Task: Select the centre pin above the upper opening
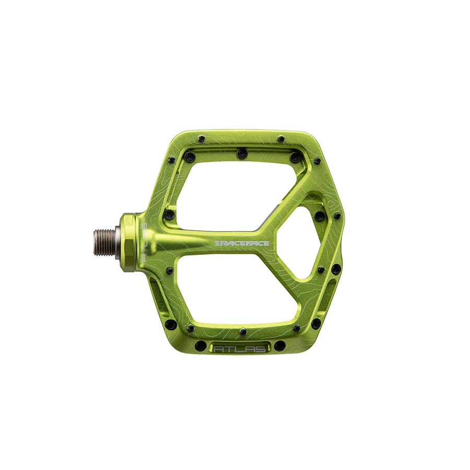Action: [241, 154]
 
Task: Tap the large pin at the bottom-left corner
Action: [170, 324]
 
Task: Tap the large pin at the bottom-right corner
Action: [316, 323]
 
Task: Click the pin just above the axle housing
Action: [169, 214]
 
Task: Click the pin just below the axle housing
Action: [169, 271]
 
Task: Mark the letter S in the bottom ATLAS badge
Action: [259, 348]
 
